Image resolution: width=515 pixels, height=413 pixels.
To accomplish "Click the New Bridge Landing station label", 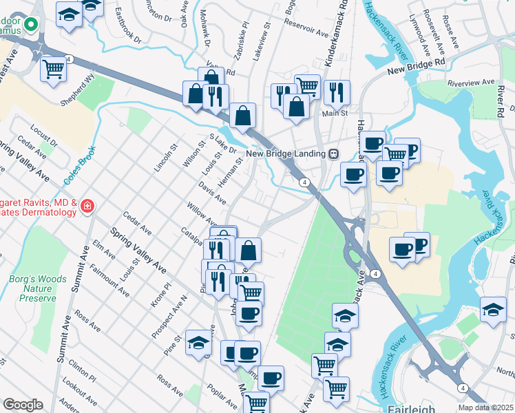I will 285,153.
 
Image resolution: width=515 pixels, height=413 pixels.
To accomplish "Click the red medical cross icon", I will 87,206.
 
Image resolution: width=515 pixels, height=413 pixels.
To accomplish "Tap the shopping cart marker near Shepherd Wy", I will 54,68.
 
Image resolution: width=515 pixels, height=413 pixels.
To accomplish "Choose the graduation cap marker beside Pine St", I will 198,342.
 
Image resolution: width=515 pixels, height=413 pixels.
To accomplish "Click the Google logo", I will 23,405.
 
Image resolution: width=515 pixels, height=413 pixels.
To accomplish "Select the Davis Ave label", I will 213,193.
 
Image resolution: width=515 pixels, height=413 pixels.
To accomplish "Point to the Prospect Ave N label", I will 169,317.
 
